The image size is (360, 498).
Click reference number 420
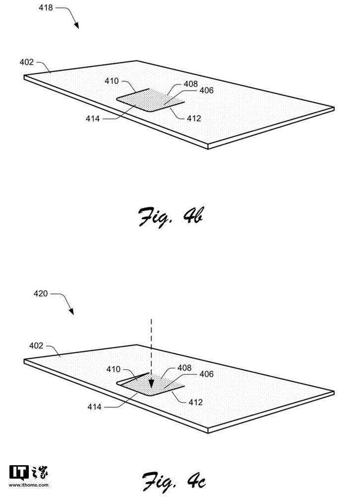point(41,293)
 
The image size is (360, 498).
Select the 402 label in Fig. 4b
point(27,62)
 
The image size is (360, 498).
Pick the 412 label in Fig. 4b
point(194,118)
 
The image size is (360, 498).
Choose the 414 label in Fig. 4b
point(92,119)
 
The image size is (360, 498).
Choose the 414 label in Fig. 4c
point(94,407)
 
